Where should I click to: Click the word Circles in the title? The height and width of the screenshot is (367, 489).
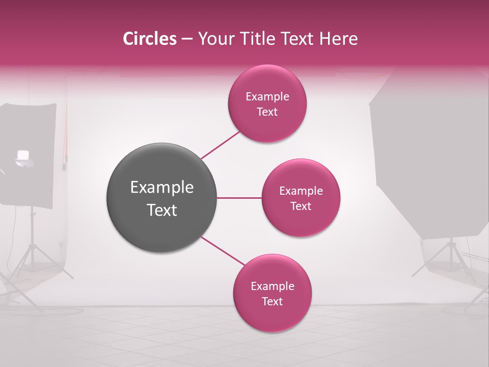[x=150, y=39]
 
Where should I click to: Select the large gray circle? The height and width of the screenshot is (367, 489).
[x=161, y=198]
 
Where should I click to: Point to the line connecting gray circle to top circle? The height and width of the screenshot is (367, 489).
[x=220, y=145]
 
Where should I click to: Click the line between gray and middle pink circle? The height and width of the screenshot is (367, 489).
[x=239, y=198]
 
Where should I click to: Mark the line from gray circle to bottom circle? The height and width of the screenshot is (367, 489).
[x=222, y=252]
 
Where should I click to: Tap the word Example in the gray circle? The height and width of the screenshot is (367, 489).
[x=161, y=188]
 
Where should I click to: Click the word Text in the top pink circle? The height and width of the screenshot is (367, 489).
[x=267, y=112]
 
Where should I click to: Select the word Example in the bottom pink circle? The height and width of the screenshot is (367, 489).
[x=272, y=286]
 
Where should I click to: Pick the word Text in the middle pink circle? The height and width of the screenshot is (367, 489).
[x=301, y=206]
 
